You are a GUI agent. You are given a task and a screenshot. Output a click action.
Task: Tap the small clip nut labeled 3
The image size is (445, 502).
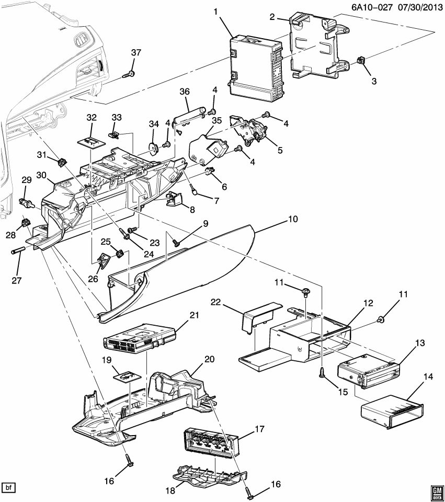(x=360, y=61)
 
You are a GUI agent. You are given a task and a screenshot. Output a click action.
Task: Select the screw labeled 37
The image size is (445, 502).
(x=130, y=74)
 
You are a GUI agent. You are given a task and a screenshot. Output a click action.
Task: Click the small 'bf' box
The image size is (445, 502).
(x=9, y=488)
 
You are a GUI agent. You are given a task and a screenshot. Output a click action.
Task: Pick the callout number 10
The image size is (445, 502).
(x=293, y=219)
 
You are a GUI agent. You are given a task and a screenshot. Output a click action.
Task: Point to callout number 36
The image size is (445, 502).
(x=184, y=91)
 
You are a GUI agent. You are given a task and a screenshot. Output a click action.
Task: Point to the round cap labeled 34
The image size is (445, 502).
(x=154, y=149)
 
